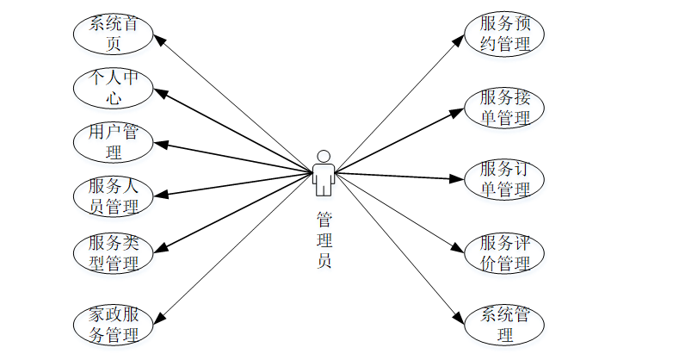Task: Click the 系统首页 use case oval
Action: point(114,34)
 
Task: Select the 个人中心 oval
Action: point(114,88)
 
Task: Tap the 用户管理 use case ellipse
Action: point(114,142)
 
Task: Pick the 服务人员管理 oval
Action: point(114,196)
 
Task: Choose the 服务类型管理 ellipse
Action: point(114,251)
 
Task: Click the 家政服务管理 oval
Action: point(114,324)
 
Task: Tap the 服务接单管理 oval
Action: point(504,107)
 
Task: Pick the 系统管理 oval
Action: point(504,324)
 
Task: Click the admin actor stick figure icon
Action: point(324,173)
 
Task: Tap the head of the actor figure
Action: point(324,156)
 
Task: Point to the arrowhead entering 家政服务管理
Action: point(157,317)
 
